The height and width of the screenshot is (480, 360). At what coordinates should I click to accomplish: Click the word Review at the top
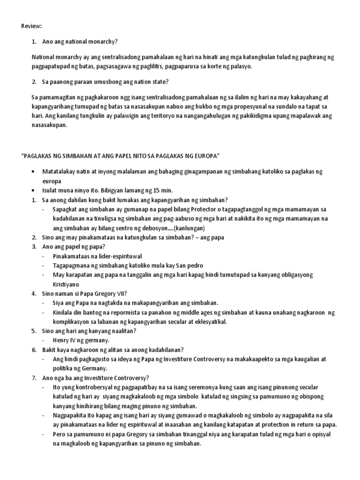click(31, 26)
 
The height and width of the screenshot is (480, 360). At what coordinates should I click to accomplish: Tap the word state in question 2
click(159, 82)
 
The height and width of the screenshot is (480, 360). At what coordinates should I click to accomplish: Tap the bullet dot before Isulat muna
click(32, 190)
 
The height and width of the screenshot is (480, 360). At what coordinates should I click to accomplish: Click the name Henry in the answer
click(62, 340)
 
